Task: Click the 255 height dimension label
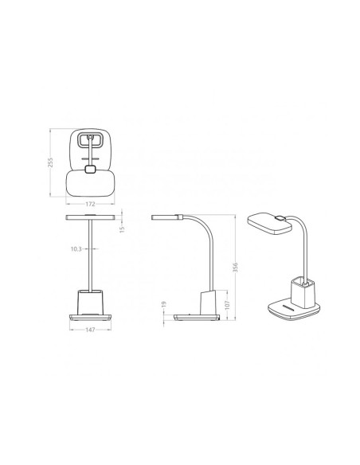pyautogui.click(x=50, y=162)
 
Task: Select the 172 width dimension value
pyautogui.click(x=90, y=204)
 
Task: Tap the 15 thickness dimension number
pyautogui.click(x=122, y=229)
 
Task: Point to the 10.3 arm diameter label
pyautogui.click(x=76, y=249)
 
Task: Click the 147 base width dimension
pyautogui.click(x=90, y=330)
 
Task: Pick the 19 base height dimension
pyautogui.click(x=164, y=304)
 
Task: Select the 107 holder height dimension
pyautogui.click(x=228, y=305)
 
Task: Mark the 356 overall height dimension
pyautogui.click(x=236, y=268)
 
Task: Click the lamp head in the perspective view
pyautogui.click(x=269, y=223)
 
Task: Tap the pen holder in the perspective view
pyautogui.click(x=302, y=294)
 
